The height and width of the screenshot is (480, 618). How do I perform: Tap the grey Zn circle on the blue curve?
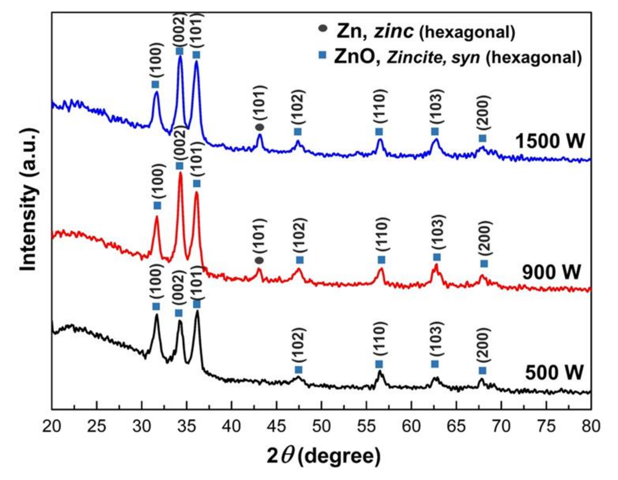260,127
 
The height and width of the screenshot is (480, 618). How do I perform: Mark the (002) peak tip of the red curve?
180,173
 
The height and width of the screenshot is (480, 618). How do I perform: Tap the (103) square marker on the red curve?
437,257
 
